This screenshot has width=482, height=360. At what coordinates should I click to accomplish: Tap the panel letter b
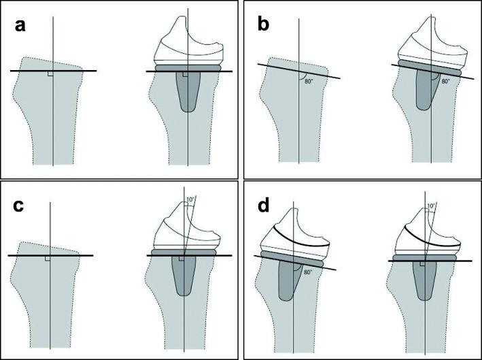pyautogui.click(x=265, y=28)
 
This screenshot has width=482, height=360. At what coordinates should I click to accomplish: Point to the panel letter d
pyautogui.click(x=264, y=206)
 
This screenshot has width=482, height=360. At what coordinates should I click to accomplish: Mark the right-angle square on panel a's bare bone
pyautogui.click(x=50, y=73)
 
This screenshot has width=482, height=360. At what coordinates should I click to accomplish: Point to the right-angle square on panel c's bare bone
pyautogui.click(x=47, y=259)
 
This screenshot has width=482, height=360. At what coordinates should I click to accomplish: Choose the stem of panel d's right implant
pyautogui.click(x=424, y=282)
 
